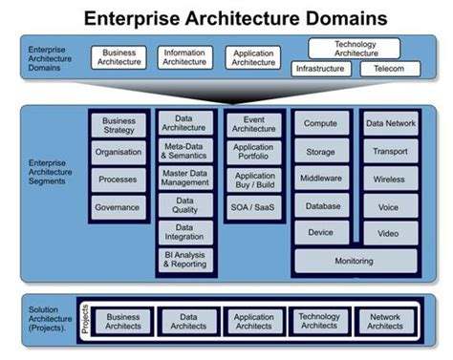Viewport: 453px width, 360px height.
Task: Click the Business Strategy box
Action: tap(119, 126)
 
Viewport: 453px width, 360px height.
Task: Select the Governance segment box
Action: tap(119, 207)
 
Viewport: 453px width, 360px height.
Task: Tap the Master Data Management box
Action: tap(185, 178)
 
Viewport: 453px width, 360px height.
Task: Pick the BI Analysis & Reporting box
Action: tap(185, 261)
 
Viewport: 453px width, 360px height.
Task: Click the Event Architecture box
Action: tap(254, 126)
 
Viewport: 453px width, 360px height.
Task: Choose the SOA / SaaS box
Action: tap(254, 207)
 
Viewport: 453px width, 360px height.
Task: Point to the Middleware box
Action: tap(321, 178)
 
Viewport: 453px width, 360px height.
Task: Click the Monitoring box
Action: tap(356, 261)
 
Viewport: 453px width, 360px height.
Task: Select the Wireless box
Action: tap(389, 179)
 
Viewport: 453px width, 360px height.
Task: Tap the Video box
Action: tap(389, 233)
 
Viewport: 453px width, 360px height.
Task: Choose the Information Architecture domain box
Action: tap(185, 58)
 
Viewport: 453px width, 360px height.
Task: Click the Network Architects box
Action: tap(385, 321)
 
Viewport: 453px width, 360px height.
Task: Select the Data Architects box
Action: tap(187, 321)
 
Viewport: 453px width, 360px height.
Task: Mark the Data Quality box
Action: tap(185, 206)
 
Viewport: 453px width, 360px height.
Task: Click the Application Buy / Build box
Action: tap(254, 179)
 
